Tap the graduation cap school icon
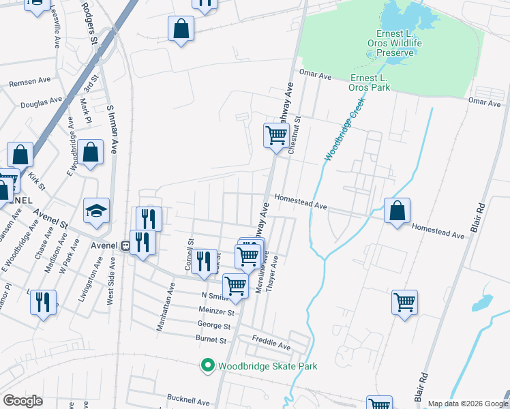(96, 211)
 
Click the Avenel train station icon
(125, 245)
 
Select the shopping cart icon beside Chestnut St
(276, 135)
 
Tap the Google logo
(23, 400)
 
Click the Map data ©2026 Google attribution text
(467, 404)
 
